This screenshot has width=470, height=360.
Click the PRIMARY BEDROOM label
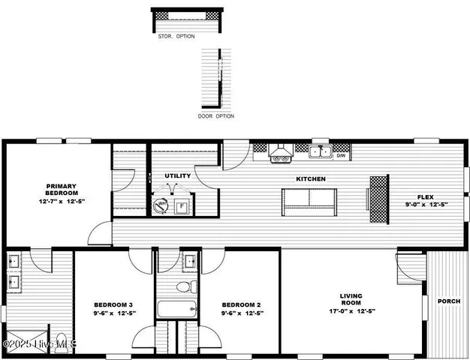pyautogui.click(x=62, y=189)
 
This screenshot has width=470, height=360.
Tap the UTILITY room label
pyautogui.click(x=177, y=176)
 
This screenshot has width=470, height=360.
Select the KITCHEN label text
pyautogui.click(x=310, y=179)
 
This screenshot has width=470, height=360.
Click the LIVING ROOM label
pyautogui.click(x=351, y=300)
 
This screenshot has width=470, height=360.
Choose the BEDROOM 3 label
pyautogui.click(x=113, y=304)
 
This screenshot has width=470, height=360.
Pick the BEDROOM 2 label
pyautogui.click(x=241, y=304)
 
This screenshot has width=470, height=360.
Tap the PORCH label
pyautogui.click(x=449, y=301)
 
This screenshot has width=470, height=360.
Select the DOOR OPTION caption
pyautogui.click(x=216, y=116)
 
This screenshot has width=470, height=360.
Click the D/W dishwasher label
pyautogui.click(x=341, y=156)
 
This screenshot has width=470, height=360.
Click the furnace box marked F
pyautogui.click(x=180, y=206)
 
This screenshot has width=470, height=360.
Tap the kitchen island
pyautogui.click(x=309, y=199)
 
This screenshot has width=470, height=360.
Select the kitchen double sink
pyautogui.click(x=322, y=153)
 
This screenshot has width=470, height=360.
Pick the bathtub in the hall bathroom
pyautogui.click(x=176, y=308)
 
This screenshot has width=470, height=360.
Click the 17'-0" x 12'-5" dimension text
pyautogui.click(x=351, y=310)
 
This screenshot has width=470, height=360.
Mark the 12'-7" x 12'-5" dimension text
pyautogui.click(x=62, y=202)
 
